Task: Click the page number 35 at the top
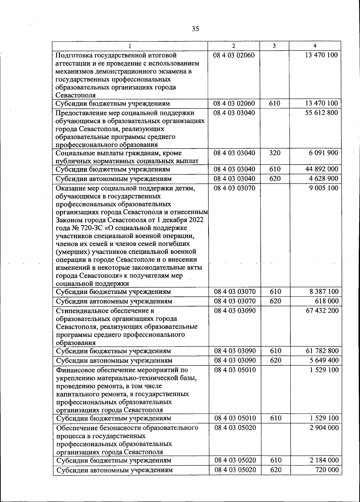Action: click(195, 29)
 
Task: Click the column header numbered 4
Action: click(314, 46)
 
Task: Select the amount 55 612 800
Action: click(322, 113)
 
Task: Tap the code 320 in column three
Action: click(275, 153)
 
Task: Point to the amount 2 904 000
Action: click(324, 427)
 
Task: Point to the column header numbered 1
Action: click(130, 46)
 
